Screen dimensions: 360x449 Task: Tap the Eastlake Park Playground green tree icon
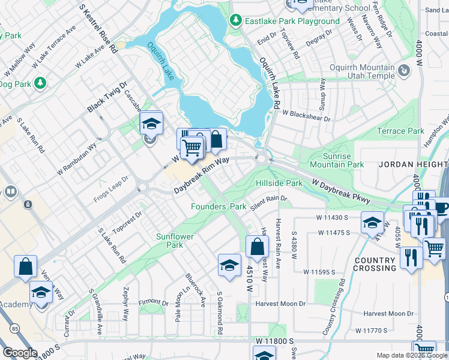(235, 21)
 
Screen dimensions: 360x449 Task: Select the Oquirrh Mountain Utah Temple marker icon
(405, 71)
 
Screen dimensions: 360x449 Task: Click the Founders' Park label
(218, 206)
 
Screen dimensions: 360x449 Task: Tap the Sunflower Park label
(175, 241)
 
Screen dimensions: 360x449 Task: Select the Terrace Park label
(400, 131)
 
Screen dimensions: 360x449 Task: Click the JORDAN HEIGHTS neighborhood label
(413, 164)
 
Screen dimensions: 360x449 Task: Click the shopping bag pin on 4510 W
(257, 246)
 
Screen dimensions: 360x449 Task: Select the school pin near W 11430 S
(372, 223)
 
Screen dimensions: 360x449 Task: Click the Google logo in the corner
(20, 353)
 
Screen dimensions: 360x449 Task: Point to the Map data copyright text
(412, 355)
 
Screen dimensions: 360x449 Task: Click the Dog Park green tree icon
(40, 83)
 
